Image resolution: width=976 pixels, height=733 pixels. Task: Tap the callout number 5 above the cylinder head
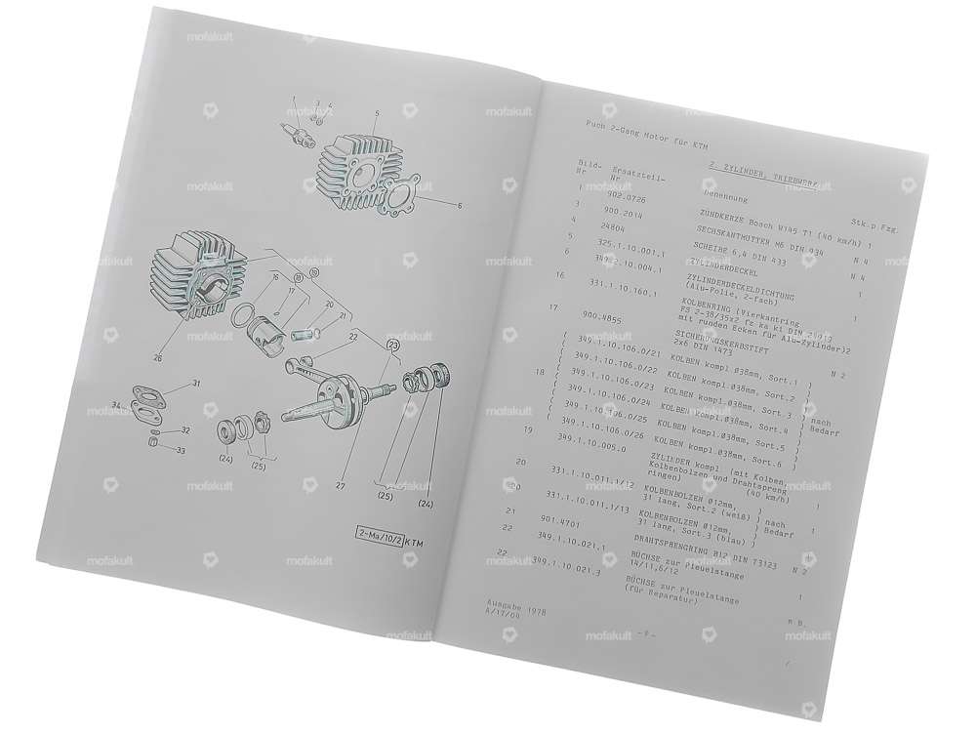point(375,115)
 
